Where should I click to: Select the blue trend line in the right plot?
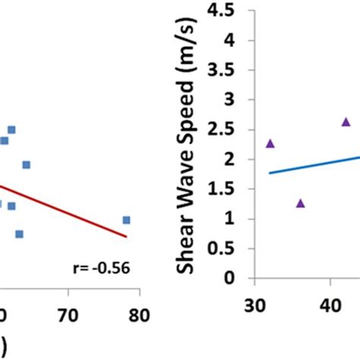tap(311, 166)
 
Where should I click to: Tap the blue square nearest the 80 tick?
tap(126, 220)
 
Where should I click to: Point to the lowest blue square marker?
tap(19, 234)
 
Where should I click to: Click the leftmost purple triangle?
tap(270, 143)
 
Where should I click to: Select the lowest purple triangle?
tap(300, 203)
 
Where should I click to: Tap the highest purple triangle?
tap(346, 122)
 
